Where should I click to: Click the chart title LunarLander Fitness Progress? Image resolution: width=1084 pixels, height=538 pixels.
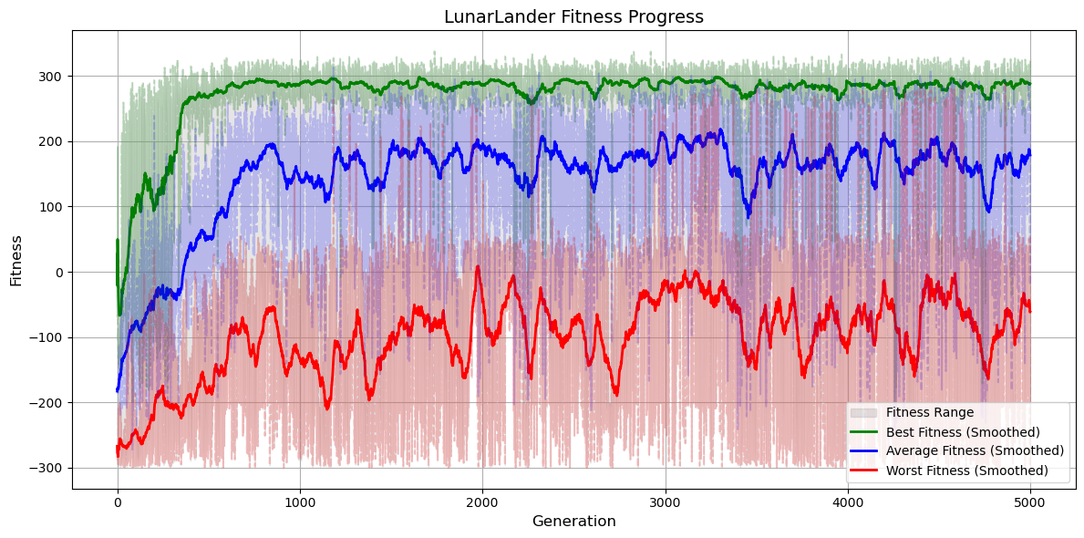(573, 16)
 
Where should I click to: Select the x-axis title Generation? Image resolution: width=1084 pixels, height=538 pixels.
(573, 522)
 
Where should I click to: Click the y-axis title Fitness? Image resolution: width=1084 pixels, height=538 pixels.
(16, 259)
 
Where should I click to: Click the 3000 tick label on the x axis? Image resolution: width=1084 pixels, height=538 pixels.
(665, 501)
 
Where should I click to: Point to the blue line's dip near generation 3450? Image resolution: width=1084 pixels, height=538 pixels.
(748, 216)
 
